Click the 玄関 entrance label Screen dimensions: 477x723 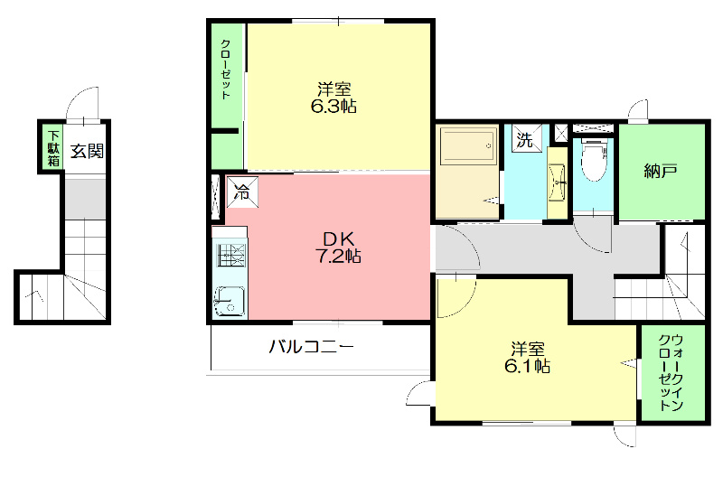point(88,151)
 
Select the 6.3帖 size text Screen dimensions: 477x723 point(334,107)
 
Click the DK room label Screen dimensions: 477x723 point(338,238)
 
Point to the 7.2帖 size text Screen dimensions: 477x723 point(338,257)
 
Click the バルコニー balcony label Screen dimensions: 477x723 point(310,347)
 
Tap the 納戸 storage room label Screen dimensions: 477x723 point(661,171)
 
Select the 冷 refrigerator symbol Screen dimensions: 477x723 point(242,192)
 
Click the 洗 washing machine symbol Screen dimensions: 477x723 point(524,140)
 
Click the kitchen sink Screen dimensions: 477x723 point(230,301)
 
